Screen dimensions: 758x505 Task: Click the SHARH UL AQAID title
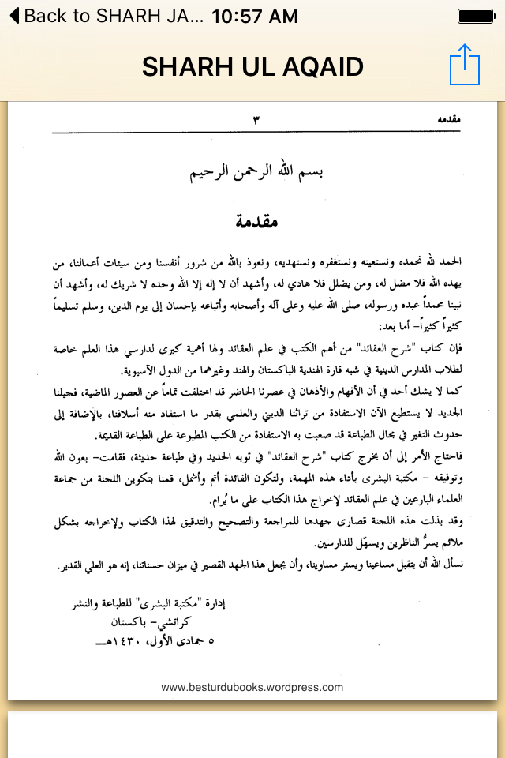point(252,66)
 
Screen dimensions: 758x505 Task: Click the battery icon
point(477,16)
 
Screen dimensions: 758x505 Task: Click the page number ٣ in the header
point(256,120)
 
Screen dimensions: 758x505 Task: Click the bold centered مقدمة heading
point(256,222)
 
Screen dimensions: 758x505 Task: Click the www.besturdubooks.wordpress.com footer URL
point(252,687)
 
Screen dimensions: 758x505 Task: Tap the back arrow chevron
point(11,16)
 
